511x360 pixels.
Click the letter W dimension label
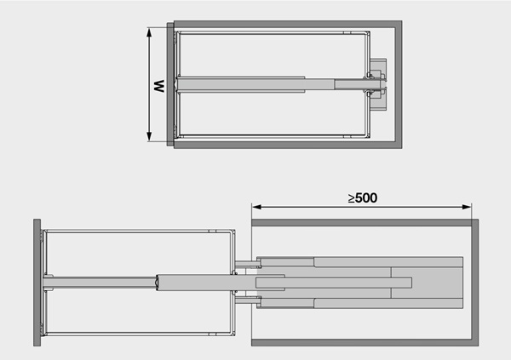(159, 86)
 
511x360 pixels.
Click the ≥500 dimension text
(363, 197)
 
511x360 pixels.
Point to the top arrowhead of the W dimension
(149, 31)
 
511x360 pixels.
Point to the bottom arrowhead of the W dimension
(149, 137)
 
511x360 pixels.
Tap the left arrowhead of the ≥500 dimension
(256, 207)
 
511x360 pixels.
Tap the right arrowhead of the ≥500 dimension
(467, 207)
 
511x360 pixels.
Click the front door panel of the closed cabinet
(170, 84)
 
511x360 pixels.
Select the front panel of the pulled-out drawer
(37, 283)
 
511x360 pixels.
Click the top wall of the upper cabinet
(288, 24)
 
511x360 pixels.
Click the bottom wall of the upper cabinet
(288, 145)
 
